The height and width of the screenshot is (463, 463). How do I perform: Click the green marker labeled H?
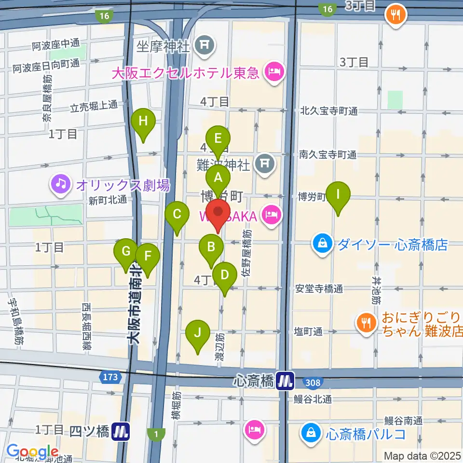143,122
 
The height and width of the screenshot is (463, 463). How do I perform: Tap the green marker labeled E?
218,139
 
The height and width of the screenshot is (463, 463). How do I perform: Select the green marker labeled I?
338,195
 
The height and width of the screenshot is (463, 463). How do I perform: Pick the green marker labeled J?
198,333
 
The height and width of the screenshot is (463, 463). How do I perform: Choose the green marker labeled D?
225,275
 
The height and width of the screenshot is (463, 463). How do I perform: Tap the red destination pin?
218,213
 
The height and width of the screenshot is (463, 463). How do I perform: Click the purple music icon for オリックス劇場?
61,184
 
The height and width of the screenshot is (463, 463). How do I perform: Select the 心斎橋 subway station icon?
286,381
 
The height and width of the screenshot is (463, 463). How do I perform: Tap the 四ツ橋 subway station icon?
121,431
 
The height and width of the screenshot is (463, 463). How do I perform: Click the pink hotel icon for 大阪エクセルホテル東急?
274,73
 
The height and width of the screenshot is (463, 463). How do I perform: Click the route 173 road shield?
110,376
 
